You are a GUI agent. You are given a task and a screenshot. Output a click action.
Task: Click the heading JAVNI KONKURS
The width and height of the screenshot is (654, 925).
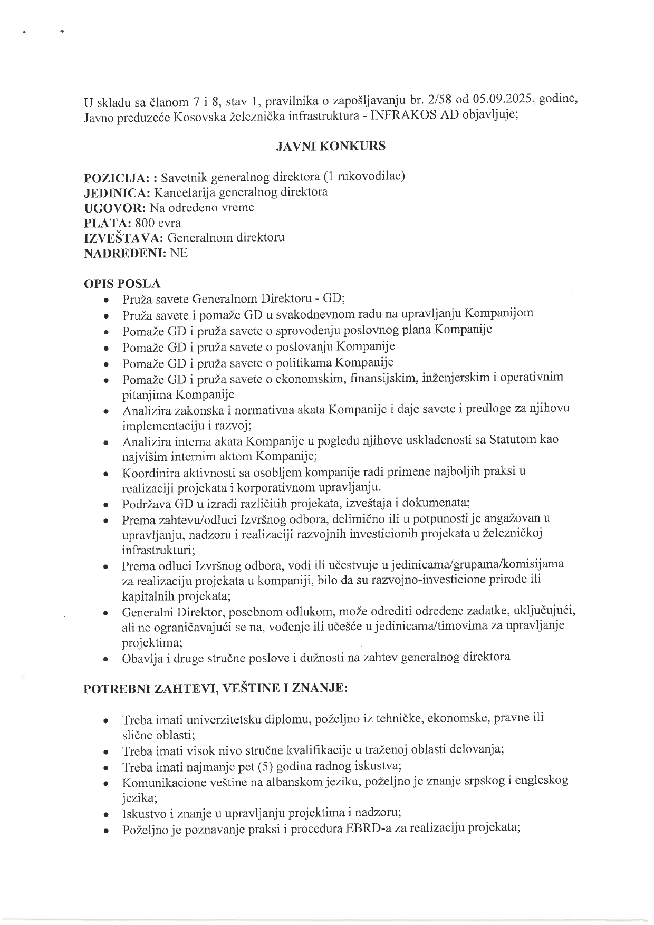point(331,146)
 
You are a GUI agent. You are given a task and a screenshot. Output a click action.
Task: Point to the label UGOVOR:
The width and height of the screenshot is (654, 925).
point(116,207)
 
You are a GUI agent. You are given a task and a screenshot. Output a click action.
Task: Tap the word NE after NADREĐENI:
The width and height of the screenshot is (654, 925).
point(179,253)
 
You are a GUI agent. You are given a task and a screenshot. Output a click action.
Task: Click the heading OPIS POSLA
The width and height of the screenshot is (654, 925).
point(122,284)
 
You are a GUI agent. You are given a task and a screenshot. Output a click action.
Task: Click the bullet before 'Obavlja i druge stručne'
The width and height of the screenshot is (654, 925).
point(107,659)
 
